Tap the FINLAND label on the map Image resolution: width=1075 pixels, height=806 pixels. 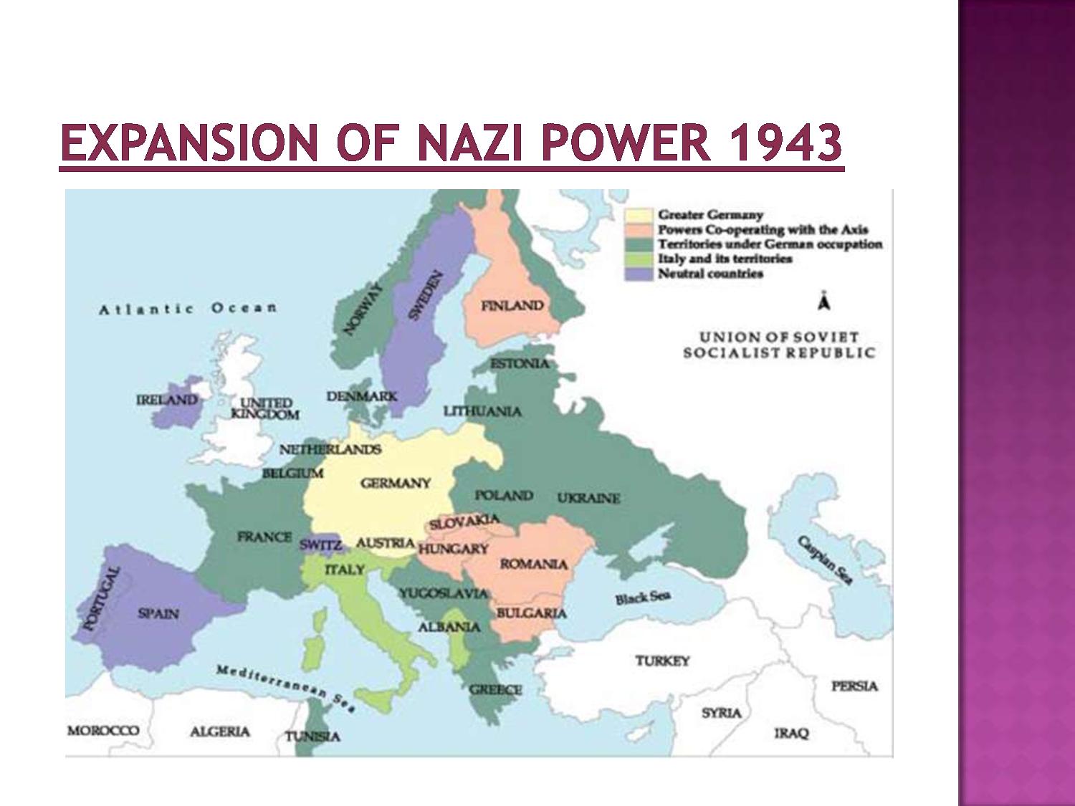512,306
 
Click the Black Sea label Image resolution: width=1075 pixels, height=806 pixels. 641,598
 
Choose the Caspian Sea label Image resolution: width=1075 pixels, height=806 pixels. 826,560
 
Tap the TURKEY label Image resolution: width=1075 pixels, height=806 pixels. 662,661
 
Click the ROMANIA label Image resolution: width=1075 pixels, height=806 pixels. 533,565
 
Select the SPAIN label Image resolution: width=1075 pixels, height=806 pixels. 158,614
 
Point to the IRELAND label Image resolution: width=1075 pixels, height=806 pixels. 166,400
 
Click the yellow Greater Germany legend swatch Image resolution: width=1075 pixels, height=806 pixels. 639,215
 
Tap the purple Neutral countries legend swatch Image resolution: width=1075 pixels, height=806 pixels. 639,274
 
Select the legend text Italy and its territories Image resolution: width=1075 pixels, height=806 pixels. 725,259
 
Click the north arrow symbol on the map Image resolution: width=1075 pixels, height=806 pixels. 825,302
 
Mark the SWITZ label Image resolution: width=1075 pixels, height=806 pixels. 320,544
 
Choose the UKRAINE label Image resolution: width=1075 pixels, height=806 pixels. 588,498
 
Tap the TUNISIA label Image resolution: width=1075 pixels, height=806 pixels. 312,737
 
